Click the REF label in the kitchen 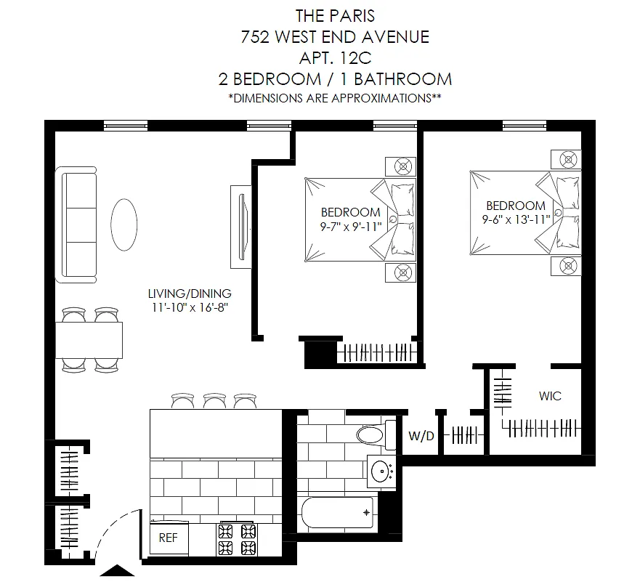click(168, 538)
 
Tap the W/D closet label click(421, 436)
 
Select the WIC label click(550, 396)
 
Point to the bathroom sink click(381, 471)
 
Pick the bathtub click(338, 513)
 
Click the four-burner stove click(237, 538)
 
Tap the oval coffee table click(124, 224)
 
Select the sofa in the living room click(76, 224)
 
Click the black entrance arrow click(117, 570)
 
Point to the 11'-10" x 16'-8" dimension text click(190, 307)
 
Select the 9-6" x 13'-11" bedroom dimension click(516, 219)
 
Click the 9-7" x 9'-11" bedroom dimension click(351, 227)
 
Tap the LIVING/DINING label click(190, 293)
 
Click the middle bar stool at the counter click(215, 400)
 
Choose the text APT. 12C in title click(336, 58)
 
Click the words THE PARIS click(335, 16)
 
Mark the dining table click(89, 340)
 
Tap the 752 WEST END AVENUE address click(335, 37)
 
